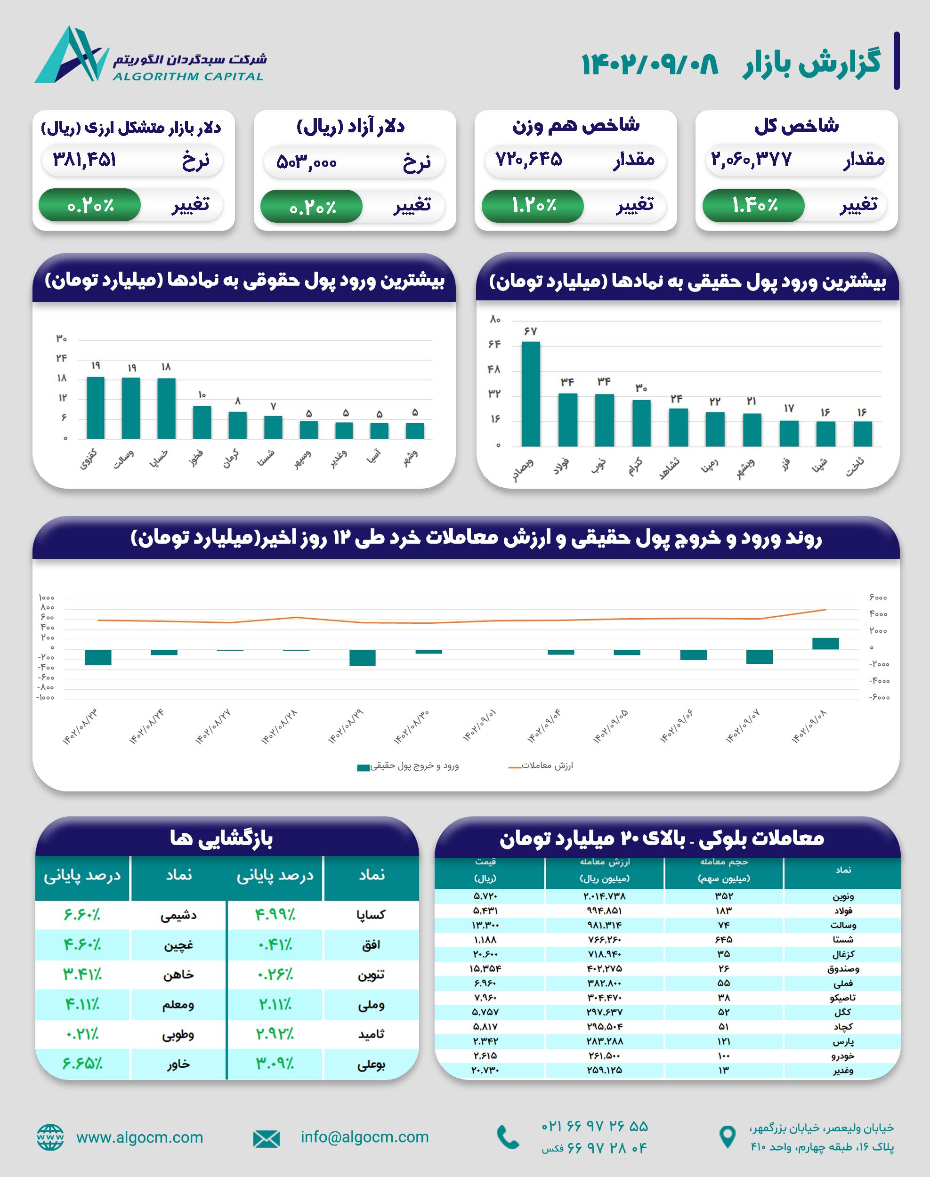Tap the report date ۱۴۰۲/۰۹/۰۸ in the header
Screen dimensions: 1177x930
pos(649,64)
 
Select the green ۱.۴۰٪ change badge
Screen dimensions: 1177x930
pos(753,205)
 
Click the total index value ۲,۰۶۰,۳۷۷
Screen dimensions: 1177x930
pos(751,159)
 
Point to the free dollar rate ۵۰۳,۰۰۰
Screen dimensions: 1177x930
pos(307,161)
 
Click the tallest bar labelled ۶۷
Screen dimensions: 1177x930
pos(530,394)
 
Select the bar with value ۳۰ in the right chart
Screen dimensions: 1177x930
pos(641,422)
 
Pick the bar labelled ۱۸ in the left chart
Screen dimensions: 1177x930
pos(166,408)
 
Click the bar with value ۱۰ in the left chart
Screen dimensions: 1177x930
pos(202,422)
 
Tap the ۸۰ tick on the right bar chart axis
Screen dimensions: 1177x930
pos(494,320)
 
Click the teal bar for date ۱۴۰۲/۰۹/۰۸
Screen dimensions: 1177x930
pos(825,644)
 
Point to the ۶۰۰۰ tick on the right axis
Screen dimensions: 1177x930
pos(878,598)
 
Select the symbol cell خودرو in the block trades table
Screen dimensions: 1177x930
pos(842,1056)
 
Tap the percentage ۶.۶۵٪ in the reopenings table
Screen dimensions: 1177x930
pos(81,1064)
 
